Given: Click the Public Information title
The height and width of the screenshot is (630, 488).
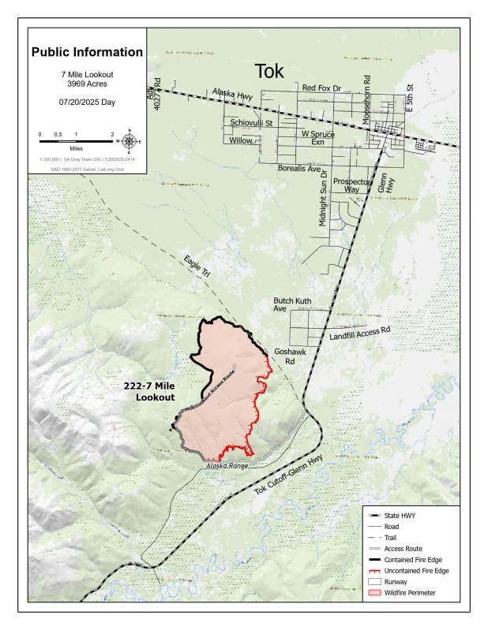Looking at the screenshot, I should point(87,53).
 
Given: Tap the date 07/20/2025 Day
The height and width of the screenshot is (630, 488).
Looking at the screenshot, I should point(87,102).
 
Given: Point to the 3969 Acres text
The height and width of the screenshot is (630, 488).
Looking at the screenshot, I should point(87,83).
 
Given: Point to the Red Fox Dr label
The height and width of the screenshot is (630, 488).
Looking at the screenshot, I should point(325,89).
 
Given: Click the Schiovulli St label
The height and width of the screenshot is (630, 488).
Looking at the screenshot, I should point(251,123).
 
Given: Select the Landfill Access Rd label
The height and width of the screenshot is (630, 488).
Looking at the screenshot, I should point(359,335).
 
